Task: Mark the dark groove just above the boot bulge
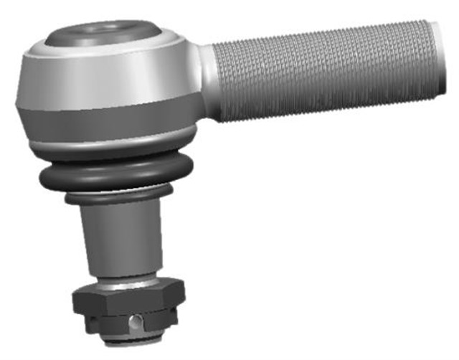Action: pyautogui.click(x=115, y=162)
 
